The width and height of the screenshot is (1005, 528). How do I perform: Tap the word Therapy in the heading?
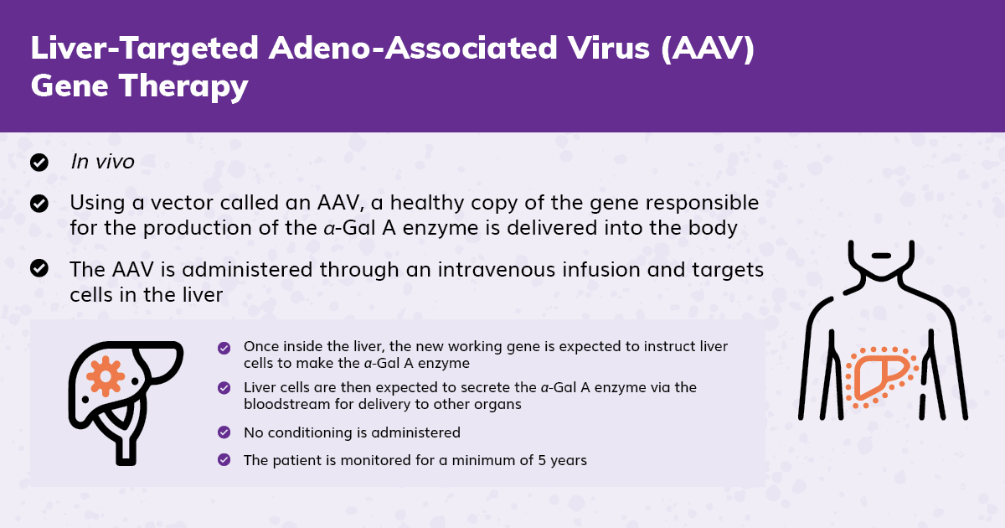coord(183,86)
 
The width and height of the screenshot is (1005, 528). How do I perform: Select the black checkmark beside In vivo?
coord(39,163)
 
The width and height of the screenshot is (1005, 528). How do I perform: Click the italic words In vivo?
coord(102,162)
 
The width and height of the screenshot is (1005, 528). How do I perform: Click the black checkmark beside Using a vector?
coord(39,204)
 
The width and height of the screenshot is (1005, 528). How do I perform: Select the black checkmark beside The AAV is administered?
coord(39,268)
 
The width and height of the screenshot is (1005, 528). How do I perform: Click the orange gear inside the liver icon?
coord(106,376)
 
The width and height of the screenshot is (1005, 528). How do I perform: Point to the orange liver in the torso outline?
coord(882,377)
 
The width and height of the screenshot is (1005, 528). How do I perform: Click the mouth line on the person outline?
coord(881,256)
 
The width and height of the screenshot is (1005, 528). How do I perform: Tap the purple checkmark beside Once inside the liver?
coord(224,348)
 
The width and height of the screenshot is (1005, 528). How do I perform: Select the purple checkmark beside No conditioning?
coord(224,432)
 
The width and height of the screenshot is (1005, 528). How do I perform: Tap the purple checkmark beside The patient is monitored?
coord(224,460)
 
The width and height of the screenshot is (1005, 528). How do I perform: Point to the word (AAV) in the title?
coord(708,49)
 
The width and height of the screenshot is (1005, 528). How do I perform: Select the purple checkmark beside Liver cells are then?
coord(224,388)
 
